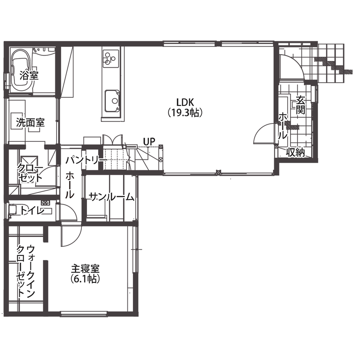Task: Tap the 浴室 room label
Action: point(29,76)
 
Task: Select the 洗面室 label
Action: point(30,122)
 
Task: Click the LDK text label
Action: point(185,102)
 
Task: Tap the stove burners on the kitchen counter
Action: point(110,58)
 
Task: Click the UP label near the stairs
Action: point(149,141)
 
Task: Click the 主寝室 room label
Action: point(85,269)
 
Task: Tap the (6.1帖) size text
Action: point(85,279)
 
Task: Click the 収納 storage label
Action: point(296,152)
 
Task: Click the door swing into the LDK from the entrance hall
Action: point(264,134)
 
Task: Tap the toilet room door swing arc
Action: point(66,213)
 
